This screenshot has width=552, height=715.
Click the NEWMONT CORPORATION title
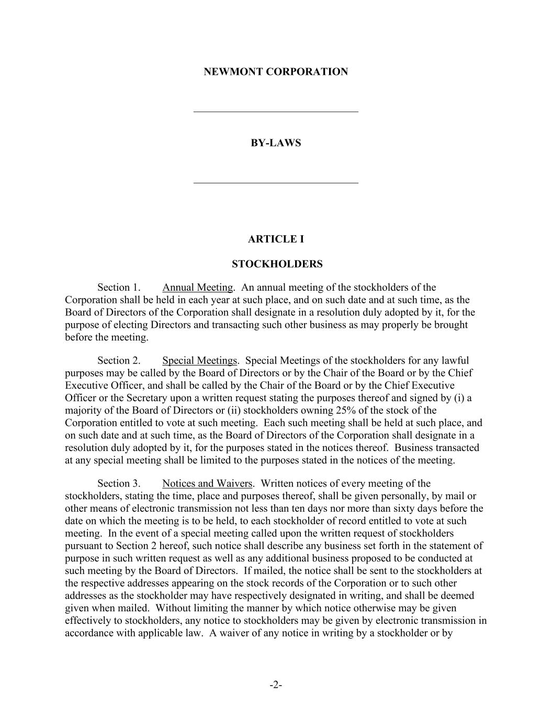pyautogui.click(x=276, y=72)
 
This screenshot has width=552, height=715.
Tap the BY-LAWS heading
pyautogui.click(x=276, y=143)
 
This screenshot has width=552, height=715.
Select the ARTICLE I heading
pyautogui.click(x=276, y=239)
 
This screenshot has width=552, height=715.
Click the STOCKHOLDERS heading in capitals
pyautogui.click(x=277, y=264)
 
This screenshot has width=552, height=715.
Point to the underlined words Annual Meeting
pyautogui.click(x=197, y=288)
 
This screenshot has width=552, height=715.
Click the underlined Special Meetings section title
pyautogui.click(x=199, y=361)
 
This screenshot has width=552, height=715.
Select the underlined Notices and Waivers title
pyautogui.click(x=207, y=483)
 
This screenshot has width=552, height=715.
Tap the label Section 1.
pyautogui.click(x=119, y=288)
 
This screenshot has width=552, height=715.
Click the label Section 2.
pyautogui.click(x=119, y=361)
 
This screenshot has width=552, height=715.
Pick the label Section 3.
pyautogui.click(x=119, y=483)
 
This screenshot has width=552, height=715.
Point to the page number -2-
pyautogui.click(x=276, y=685)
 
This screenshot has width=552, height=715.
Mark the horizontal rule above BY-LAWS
pyautogui.click(x=276, y=112)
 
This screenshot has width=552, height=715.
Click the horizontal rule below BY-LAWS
pyautogui.click(x=276, y=183)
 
